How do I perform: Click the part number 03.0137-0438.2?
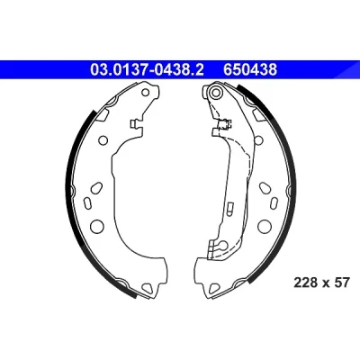[x=147, y=70]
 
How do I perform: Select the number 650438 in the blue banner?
[x=250, y=70]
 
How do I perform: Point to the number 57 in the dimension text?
[x=342, y=283]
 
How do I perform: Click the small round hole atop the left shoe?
[x=146, y=92]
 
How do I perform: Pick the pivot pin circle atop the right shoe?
[x=216, y=92]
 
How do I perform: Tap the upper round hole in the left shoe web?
[x=103, y=139]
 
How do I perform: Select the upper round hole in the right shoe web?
[x=259, y=139]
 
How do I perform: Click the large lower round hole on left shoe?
[x=97, y=226]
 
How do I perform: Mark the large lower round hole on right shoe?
[x=265, y=226]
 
